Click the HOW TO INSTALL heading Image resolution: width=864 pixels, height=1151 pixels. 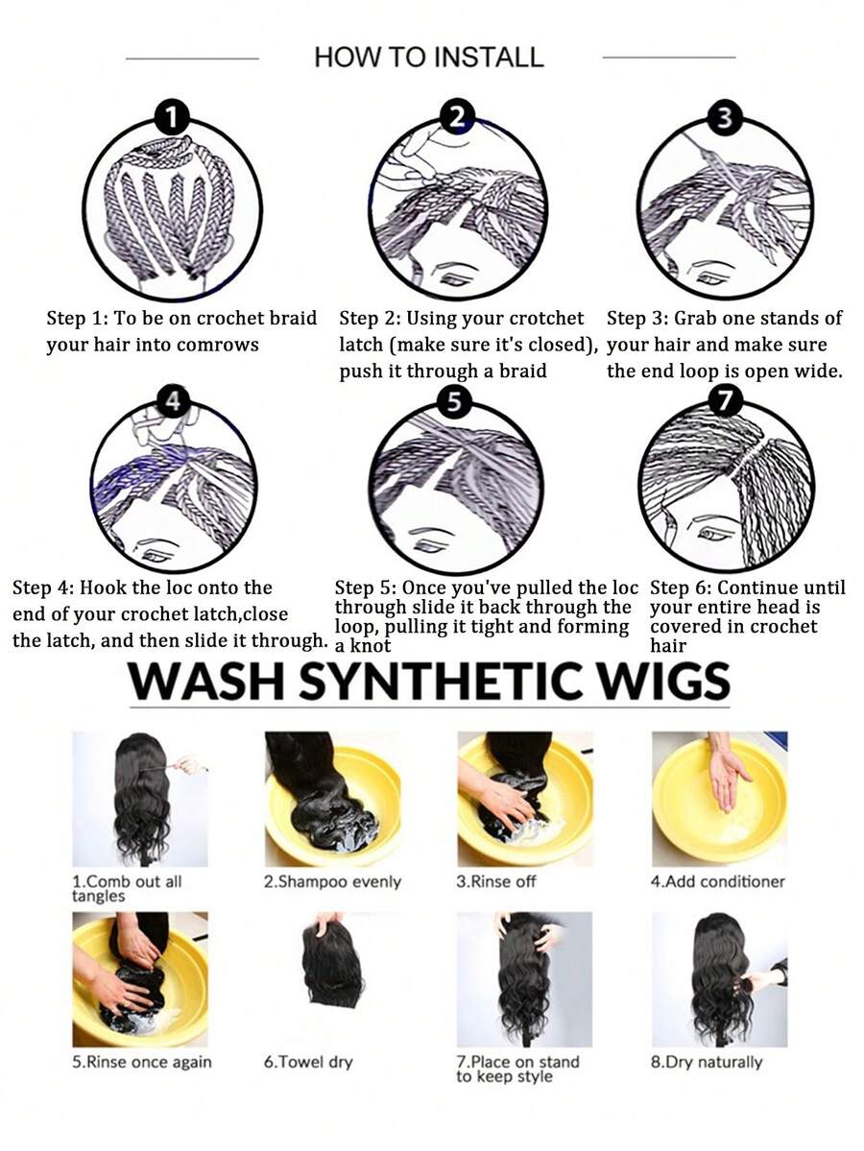click(429, 58)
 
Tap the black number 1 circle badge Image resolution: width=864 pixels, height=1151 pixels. click(173, 118)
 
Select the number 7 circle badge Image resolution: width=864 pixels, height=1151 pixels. click(725, 401)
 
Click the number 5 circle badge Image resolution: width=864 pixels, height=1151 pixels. click(454, 401)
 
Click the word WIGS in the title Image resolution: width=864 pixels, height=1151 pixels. click(663, 682)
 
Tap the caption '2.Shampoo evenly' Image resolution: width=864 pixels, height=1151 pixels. click(332, 881)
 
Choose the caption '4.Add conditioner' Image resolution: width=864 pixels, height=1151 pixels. click(718, 881)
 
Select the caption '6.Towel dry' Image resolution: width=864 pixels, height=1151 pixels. click(308, 1062)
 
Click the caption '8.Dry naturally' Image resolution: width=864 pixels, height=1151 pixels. click(707, 1062)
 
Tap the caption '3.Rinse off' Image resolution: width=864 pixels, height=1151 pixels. click(496, 881)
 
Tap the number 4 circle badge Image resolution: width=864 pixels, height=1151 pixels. click(173, 401)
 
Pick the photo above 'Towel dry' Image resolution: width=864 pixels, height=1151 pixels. click(332, 966)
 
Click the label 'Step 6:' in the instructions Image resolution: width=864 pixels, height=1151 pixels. click(681, 587)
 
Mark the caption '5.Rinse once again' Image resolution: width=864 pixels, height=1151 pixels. click(142, 1062)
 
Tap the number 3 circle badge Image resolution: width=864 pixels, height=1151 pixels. click(725, 118)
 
